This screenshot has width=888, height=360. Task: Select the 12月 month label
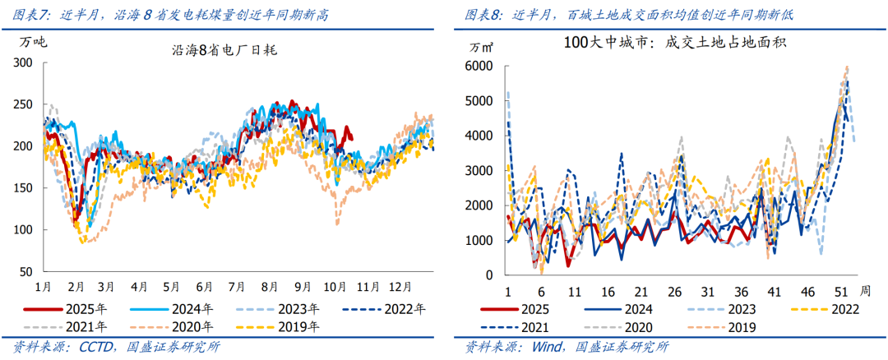point(400,288)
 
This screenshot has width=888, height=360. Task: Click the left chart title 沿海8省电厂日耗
point(224,50)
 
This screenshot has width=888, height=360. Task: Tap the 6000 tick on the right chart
point(480,66)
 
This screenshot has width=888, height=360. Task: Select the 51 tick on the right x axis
point(843,292)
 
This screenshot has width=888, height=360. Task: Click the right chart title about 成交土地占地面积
point(676,43)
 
